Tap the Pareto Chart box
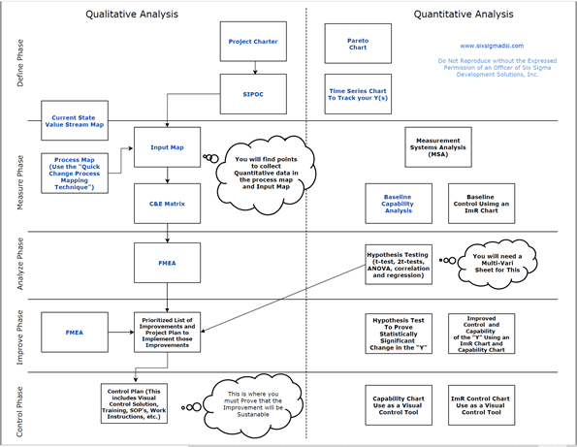tap(358, 43)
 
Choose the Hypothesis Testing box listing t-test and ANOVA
tap(398, 262)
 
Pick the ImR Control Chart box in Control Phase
tap(482, 400)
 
